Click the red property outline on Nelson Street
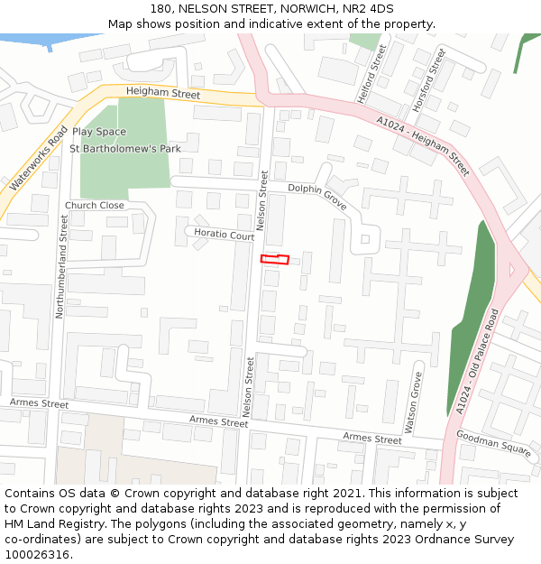click(275, 260)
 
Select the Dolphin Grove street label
click(317, 191)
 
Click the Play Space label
click(99, 132)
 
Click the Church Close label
click(95, 206)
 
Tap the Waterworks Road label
click(38, 158)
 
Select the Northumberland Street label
click(62, 266)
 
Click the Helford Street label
click(381, 65)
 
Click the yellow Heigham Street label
click(163, 92)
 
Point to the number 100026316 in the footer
click(37, 554)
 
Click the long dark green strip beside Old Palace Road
click(474, 316)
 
